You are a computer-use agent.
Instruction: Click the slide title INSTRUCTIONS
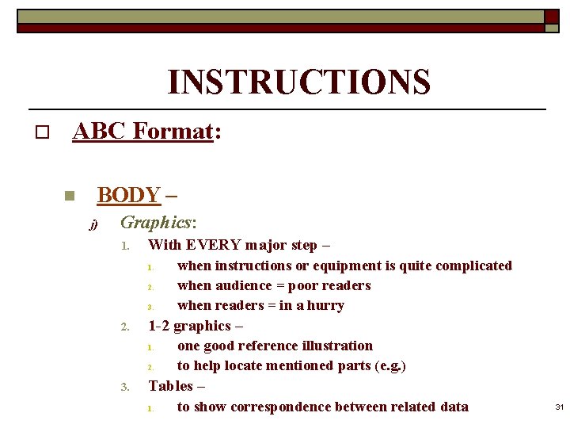pos(298,82)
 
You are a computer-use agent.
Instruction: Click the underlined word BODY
pos(128,194)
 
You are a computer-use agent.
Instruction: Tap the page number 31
pos(559,407)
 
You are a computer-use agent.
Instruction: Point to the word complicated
pos(477,266)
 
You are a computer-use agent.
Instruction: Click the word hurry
pos(325,305)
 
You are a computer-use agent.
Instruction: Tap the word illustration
pos(333,346)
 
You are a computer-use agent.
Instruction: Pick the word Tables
pos(171,386)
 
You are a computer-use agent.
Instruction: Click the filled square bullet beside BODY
pos(69,196)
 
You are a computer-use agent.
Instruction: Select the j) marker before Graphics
pos(93,225)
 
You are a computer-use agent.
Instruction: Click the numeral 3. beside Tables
pos(124,387)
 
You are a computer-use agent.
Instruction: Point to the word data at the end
pos(453,407)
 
